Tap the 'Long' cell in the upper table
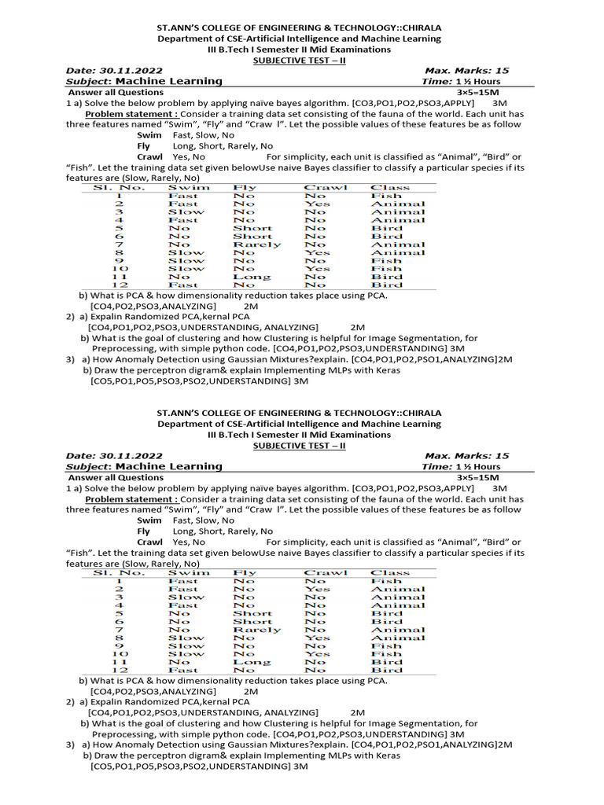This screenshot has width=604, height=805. [252, 277]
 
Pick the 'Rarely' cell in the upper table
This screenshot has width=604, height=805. [256, 244]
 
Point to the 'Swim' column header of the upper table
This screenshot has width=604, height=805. [189, 187]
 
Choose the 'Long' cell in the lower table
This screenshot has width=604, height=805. [252, 662]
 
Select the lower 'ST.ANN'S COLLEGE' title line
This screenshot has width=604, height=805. [299, 413]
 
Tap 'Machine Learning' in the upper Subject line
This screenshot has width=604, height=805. [169, 81]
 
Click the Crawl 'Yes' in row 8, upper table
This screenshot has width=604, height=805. [317, 252]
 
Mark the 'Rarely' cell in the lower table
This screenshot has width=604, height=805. [256, 630]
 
